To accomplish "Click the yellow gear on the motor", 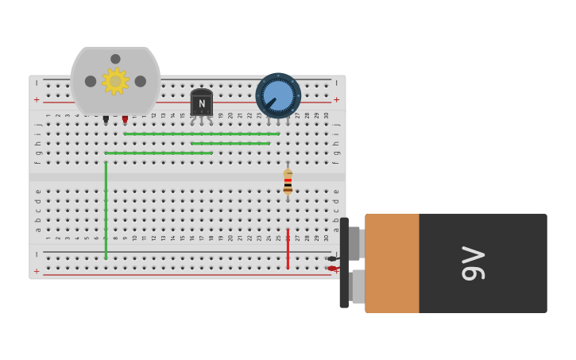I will [x=115, y=81].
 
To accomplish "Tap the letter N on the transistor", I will [x=202, y=104].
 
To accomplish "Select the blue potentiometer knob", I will [x=278, y=95].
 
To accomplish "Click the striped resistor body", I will [x=288, y=183].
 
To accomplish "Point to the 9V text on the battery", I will [x=474, y=263].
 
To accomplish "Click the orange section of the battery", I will [x=392, y=263].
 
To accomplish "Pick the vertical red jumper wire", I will [x=288, y=248].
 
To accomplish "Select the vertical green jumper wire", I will [x=106, y=211].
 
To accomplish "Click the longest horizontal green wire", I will [x=201, y=134].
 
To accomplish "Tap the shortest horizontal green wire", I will [x=230, y=143].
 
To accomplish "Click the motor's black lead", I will [x=106, y=119].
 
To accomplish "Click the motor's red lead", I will [x=125, y=119].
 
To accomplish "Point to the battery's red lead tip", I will [x=331, y=269].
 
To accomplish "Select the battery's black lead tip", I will [x=331, y=259].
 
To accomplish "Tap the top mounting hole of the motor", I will [x=115, y=59].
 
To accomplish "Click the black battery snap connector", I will [x=344, y=263].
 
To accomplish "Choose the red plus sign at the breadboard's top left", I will [x=36, y=100].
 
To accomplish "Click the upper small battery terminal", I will [x=354, y=243].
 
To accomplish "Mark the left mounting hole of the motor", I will [x=91, y=81].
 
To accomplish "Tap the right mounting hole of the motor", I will [x=141, y=81].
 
